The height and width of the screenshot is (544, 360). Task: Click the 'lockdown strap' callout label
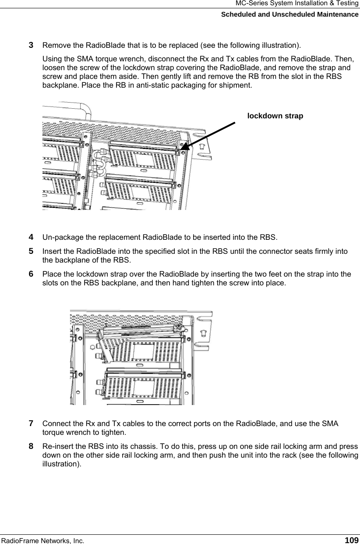point(275,116)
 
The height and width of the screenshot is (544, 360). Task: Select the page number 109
point(352,540)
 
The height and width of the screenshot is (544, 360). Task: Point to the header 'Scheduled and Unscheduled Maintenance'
point(289,14)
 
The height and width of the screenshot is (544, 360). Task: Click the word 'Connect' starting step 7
point(55,424)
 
